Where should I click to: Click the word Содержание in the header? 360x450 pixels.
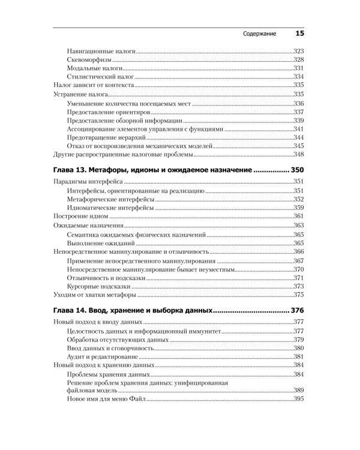259,34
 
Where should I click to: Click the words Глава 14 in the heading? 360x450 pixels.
74,311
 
